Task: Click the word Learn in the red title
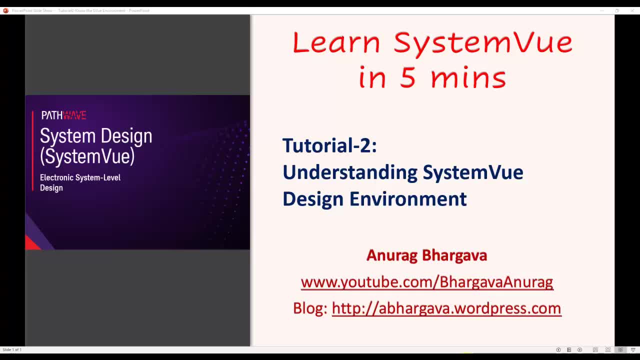(336, 42)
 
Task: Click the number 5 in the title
(407, 78)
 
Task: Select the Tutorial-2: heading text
(329, 145)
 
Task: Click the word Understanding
(350, 172)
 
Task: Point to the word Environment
(408, 199)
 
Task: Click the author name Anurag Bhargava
(426, 255)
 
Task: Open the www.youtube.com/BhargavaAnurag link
(426, 282)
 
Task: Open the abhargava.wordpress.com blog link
(446, 308)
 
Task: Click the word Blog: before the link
(310, 308)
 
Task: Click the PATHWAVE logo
(63, 115)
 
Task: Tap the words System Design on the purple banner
(96, 136)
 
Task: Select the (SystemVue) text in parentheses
(87, 156)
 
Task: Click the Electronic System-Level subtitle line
(80, 177)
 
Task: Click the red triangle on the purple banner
(31, 243)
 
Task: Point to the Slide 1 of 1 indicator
(12, 349)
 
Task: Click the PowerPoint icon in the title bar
(5, 10)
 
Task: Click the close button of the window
(632, 10)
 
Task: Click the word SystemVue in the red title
(482, 42)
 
